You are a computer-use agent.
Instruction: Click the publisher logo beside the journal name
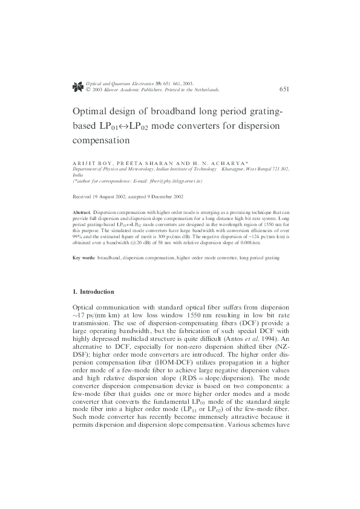pos(77,86)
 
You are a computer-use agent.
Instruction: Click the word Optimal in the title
pos(93,112)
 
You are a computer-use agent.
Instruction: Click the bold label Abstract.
pos(82,213)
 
